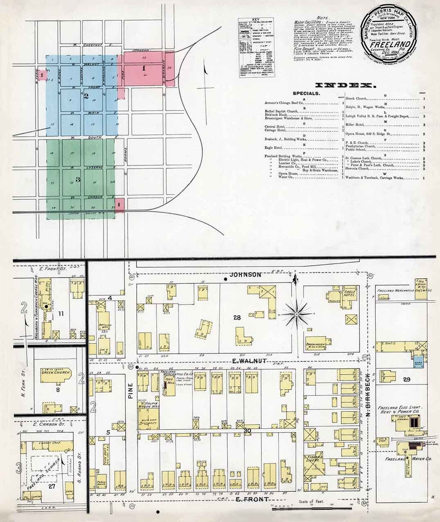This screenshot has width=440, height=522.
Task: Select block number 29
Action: (x=406, y=380)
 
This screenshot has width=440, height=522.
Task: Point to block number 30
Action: (x=247, y=431)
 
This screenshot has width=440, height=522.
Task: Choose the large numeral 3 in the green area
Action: (x=77, y=179)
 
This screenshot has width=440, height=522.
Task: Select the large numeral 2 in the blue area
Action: (x=86, y=96)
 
